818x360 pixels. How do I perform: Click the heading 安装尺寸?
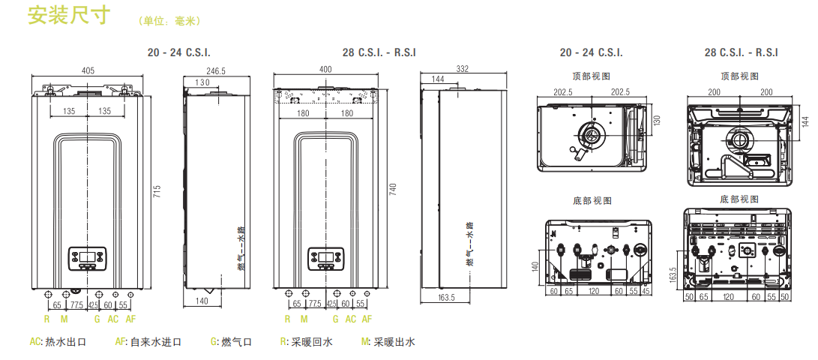69,16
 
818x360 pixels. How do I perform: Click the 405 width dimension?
88,70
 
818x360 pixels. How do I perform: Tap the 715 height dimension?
157,192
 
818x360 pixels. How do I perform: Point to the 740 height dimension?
393,190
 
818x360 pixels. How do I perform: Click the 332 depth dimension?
462,69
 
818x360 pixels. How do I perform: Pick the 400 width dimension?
325,70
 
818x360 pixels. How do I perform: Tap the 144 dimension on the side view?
438,79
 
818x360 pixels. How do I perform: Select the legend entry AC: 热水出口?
58,342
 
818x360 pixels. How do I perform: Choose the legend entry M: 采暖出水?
388,342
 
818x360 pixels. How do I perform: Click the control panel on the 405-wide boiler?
88,258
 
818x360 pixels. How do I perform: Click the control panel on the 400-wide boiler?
325,258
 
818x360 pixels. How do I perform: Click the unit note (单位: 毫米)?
169,21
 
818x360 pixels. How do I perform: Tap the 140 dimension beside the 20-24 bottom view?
535,265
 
